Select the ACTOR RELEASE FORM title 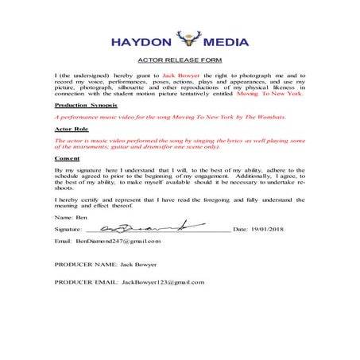click(180, 61)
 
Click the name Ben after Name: click(80, 216)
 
